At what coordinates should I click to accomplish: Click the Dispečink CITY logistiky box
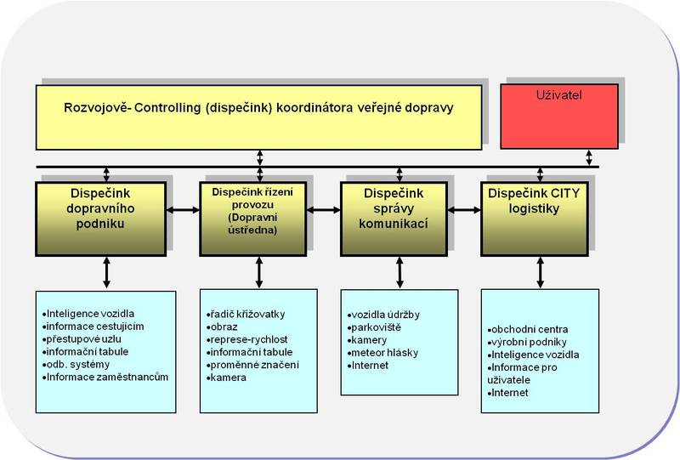tap(534, 217)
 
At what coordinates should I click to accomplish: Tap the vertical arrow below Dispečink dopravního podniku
tap(106, 271)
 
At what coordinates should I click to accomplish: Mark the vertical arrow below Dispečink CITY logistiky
tap(539, 271)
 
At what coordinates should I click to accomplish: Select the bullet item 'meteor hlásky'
tap(384, 352)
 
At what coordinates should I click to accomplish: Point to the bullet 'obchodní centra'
tap(530, 329)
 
